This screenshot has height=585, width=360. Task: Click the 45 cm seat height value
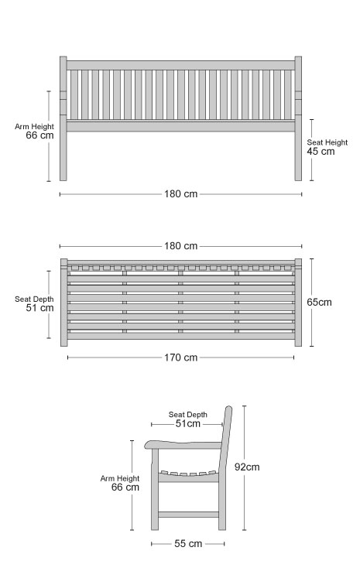click(x=321, y=151)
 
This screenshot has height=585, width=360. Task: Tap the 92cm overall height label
click(x=247, y=467)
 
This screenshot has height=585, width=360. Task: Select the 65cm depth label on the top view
click(x=319, y=302)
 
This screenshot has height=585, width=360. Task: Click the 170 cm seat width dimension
click(x=180, y=357)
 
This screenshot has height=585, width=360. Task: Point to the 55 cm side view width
click(x=188, y=543)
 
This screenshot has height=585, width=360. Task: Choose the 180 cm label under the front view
click(x=180, y=194)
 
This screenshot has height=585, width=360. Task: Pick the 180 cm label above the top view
click(x=180, y=246)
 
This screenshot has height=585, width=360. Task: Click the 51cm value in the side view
click(x=188, y=423)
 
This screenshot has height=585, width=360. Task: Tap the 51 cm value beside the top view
click(x=40, y=308)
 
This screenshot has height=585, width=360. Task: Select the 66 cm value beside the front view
click(x=40, y=135)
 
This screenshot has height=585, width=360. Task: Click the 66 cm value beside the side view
click(x=125, y=487)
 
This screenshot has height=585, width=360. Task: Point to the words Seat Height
click(x=327, y=142)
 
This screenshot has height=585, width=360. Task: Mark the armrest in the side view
click(x=183, y=443)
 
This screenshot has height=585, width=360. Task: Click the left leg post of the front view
click(x=63, y=118)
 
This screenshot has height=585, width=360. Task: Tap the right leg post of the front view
click(x=298, y=118)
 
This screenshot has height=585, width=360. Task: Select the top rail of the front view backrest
click(x=180, y=65)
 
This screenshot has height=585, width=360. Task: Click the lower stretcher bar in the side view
click(x=189, y=515)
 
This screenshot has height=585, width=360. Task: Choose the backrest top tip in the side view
click(x=229, y=407)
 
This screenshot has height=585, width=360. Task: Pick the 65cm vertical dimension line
click(x=312, y=303)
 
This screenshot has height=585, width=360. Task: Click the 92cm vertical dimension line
click(x=245, y=468)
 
